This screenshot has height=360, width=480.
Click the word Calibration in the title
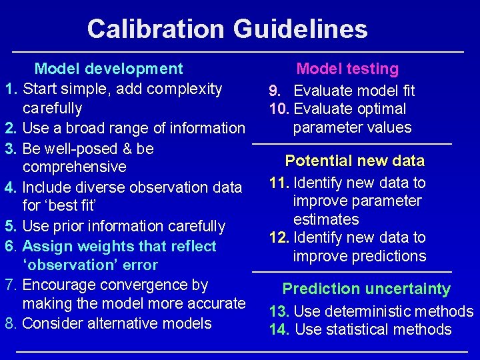coord(156,29)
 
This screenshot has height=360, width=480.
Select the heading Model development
coord(109,69)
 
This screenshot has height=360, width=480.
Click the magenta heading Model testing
coord(347,69)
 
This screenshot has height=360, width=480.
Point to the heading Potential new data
coord(354,161)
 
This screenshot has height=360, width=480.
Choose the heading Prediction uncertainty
coord(366,289)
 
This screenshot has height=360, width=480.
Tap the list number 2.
coord(10,128)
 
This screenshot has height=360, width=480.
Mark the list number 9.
coord(274,91)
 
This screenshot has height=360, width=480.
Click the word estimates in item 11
coord(326,219)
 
